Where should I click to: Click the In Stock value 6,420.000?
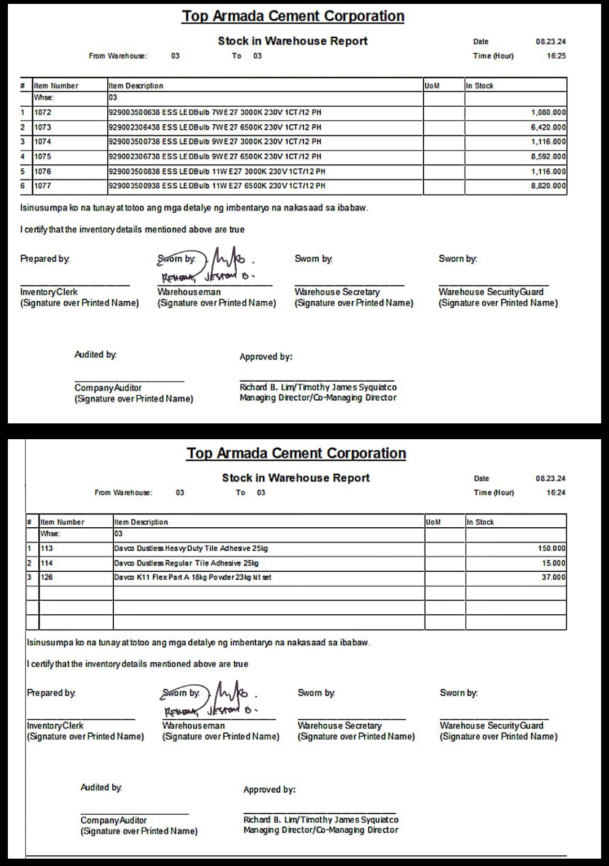(x=548, y=128)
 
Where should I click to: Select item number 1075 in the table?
(x=43, y=156)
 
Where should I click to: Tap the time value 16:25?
(x=556, y=56)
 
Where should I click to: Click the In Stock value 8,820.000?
(x=548, y=186)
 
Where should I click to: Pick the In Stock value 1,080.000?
(x=548, y=112)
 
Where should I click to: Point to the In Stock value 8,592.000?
(x=548, y=156)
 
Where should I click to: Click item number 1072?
(x=43, y=112)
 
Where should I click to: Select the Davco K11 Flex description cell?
(x=192, y=578)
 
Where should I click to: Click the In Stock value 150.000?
(x=551, y=548)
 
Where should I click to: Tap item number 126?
(x=47, y=578)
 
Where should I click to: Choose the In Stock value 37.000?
(x=554, y=578)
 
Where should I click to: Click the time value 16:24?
(x=556, y=493)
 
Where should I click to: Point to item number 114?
(x=47, y=563)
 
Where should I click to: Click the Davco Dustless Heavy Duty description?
(x=191, y=548)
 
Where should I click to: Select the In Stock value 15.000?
(x=554, y=563)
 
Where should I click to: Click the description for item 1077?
(x=217, y=186)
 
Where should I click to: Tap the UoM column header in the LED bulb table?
(x=432, y=86)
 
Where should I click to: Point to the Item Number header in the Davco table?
(x=62, y=522)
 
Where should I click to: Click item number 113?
(x=47, y=548)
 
